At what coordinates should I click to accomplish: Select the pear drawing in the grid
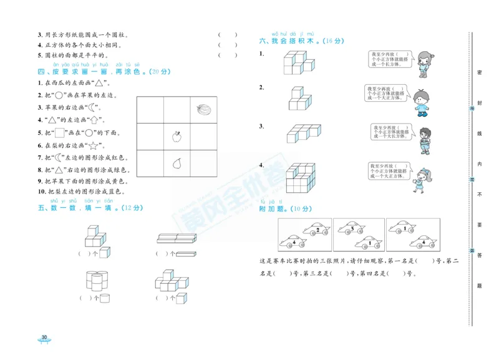coord(177,163)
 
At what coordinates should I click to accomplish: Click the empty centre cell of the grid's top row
coord(177,109)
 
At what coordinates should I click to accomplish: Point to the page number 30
coord(44,338)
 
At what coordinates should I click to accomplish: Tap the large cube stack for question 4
coord(301,177)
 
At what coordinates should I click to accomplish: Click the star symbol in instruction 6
coord(95,145)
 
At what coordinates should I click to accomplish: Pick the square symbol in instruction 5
coord(61,132)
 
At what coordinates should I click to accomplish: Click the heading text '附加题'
coord(271,209)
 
